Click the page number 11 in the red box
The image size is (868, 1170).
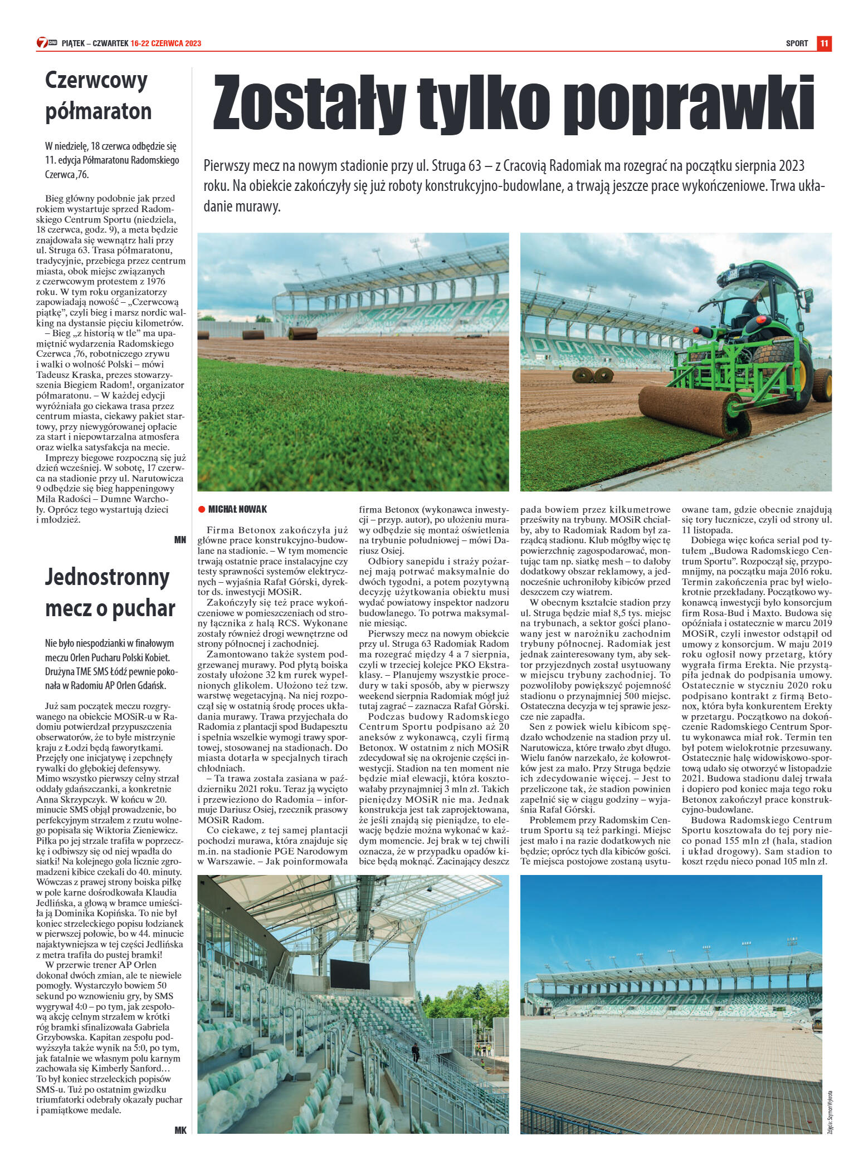point(824,43)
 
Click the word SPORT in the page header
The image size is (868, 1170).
point(797,43)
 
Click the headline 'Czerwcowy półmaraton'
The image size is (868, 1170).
point(97,96)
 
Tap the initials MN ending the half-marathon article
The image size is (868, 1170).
point(180,539)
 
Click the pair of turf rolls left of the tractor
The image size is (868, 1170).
point(594,375)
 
